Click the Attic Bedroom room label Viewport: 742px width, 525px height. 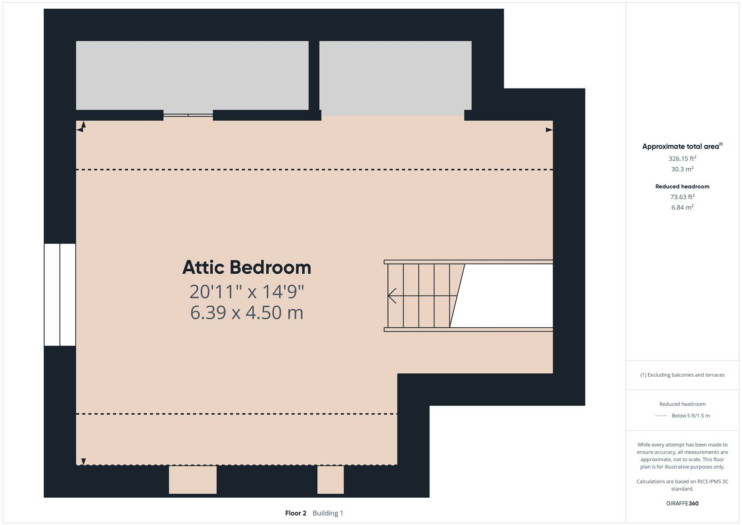tap(246, 267)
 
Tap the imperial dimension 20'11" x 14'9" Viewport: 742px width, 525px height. tap(246, 292)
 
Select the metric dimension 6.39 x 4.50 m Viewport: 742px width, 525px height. tap(246, 312)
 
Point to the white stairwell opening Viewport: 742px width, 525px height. tap(505, 296)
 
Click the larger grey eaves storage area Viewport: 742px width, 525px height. tap(192, 75)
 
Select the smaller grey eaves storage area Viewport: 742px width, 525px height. tap(395, 75)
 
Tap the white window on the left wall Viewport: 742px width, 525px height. tap(60, 295)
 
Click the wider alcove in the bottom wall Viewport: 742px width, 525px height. tap(192, 479)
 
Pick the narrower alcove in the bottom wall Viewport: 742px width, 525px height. tap(330, 479)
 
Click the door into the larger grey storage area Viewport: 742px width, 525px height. tap(188, 115)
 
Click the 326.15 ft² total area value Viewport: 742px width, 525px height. tap(682, 158)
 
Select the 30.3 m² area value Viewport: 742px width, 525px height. tap(682, 169)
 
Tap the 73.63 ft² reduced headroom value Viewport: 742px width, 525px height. tap(682, 197)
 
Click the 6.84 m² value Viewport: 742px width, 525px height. tap(682, 208)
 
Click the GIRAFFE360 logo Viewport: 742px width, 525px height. tap(682, 504)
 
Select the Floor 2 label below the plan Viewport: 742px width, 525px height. tap(295, 513)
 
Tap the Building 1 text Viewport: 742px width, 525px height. tap(328, 513)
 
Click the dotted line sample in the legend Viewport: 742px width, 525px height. tap(661, 416)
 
